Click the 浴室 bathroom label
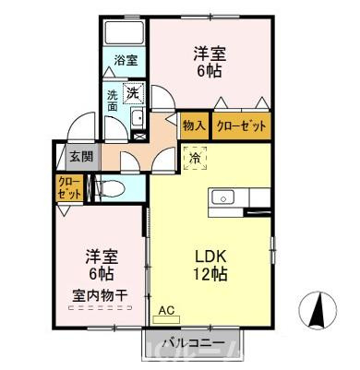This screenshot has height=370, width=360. (x=126, y=61)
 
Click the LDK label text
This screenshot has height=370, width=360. (x=210, y=257)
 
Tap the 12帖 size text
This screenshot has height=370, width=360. (x=210, y=274)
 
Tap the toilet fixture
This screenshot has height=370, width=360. (x=110, y=187)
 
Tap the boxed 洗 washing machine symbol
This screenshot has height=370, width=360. (x=133, y=92)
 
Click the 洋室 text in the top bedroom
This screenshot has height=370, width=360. (x=210, y=54)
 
